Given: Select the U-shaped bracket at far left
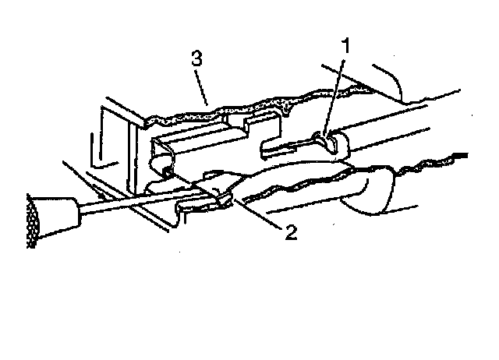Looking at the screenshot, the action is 109,140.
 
